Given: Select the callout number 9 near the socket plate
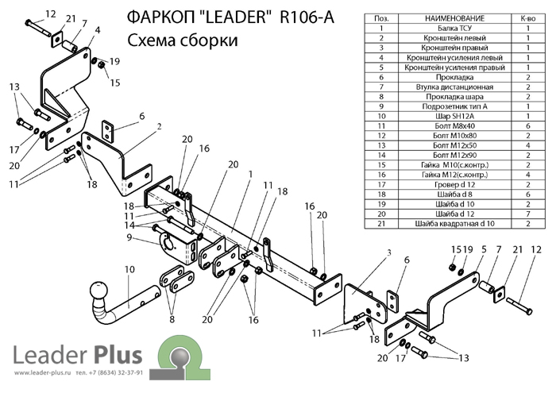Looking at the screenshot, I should [126, 237].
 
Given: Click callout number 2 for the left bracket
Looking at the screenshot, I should [159, 126].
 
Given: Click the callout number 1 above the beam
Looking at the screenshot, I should [249, 174].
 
